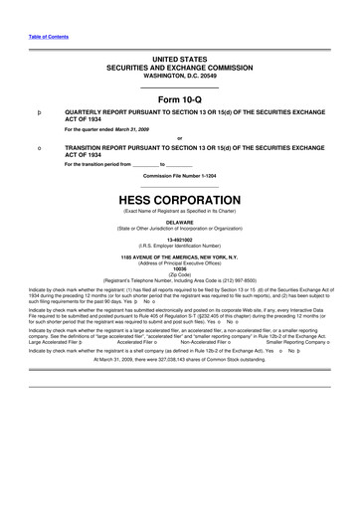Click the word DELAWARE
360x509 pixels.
point(179,223)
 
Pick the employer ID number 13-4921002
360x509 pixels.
point(179,240)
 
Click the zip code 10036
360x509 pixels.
point(179,267)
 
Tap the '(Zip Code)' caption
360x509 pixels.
point(179,272)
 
